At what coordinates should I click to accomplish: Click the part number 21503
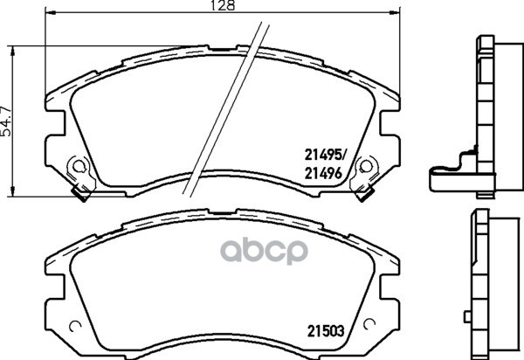click(x=322, y=329)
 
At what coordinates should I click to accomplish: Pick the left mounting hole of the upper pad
click(x=77, y=165)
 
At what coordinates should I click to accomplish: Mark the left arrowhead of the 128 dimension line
click(x=49, y=13)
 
